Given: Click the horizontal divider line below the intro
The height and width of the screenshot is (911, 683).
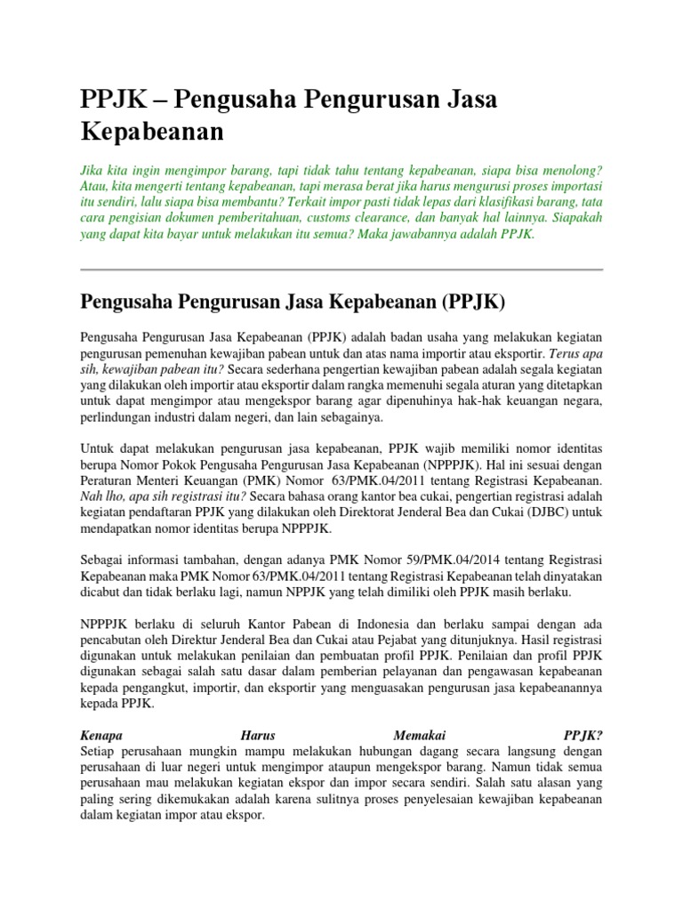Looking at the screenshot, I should click(x=341, y=270).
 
